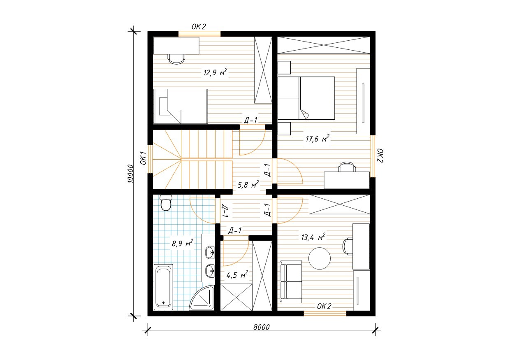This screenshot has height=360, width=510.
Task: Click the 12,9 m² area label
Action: (x=215, y=72)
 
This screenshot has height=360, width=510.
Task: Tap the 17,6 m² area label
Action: (x=318, y=138)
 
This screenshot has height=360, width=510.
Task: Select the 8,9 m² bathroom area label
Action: (x=182, y=243)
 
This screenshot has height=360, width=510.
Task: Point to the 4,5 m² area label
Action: (x=237, y=275)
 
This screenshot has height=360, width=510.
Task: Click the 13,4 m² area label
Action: (x=313, y=237)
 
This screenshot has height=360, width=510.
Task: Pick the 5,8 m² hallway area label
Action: (x=248, y=184)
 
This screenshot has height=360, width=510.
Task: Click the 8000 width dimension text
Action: (x=262, y=327)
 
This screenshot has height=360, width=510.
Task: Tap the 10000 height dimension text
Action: (x=130, y=174)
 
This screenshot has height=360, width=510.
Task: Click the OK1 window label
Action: (x=143, y=158)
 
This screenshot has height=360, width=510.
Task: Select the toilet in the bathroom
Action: (x=165, y=202)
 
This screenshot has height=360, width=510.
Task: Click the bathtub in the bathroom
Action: (x=163, y=287)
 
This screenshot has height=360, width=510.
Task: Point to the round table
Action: (x=319, y=258)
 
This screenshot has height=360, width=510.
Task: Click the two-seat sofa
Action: (x=291, y=282)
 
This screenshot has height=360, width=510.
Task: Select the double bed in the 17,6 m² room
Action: (x=306, y=98)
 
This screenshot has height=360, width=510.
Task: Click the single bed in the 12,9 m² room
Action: (x=181, y=106)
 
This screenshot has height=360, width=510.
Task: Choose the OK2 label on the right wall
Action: (x=380, y=156)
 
